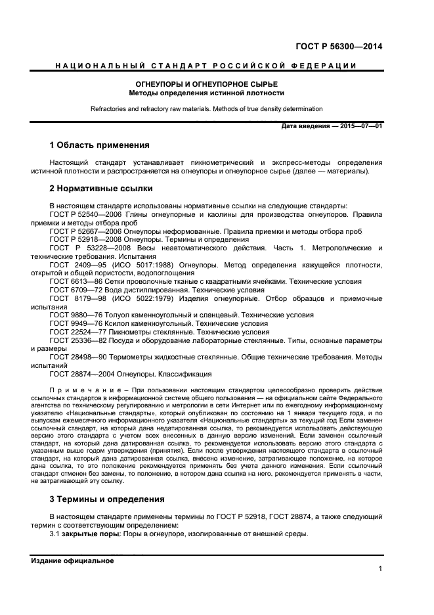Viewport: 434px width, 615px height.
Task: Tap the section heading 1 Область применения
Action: click(99, 145)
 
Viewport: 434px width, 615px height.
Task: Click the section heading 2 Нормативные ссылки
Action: click(101, 189)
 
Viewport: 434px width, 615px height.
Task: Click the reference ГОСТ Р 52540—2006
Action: click(85, 214)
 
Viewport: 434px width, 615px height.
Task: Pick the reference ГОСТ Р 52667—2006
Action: click(85, 231)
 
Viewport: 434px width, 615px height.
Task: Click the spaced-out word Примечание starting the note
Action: click(81, 392)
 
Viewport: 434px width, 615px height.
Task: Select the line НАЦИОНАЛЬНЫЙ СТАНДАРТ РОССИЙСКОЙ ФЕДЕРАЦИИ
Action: click(206, 66)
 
